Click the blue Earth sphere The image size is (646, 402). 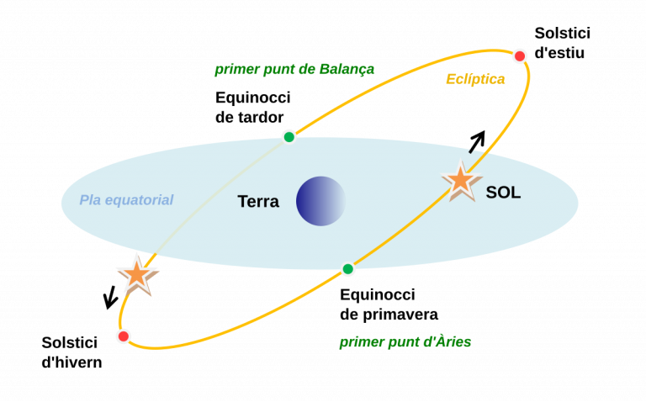click(x=320, y=201)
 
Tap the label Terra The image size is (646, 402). click(x=258, y=202)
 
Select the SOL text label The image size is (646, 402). click(x=503, y=193)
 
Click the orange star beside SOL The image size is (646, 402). click(x=461, y=180)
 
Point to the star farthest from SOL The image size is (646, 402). click(x=136, y=274)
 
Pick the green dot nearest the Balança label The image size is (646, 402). click(x=289, y=136)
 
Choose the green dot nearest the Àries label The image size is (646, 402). click(x=347, y=269)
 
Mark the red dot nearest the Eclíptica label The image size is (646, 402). click(x=520, y=56)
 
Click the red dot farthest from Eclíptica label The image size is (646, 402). click(x=124, y=336)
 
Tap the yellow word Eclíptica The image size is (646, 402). click(x=475, y=79)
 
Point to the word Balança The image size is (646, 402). click(x=347, y=69)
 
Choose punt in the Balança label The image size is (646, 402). click(x=280, y=70)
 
